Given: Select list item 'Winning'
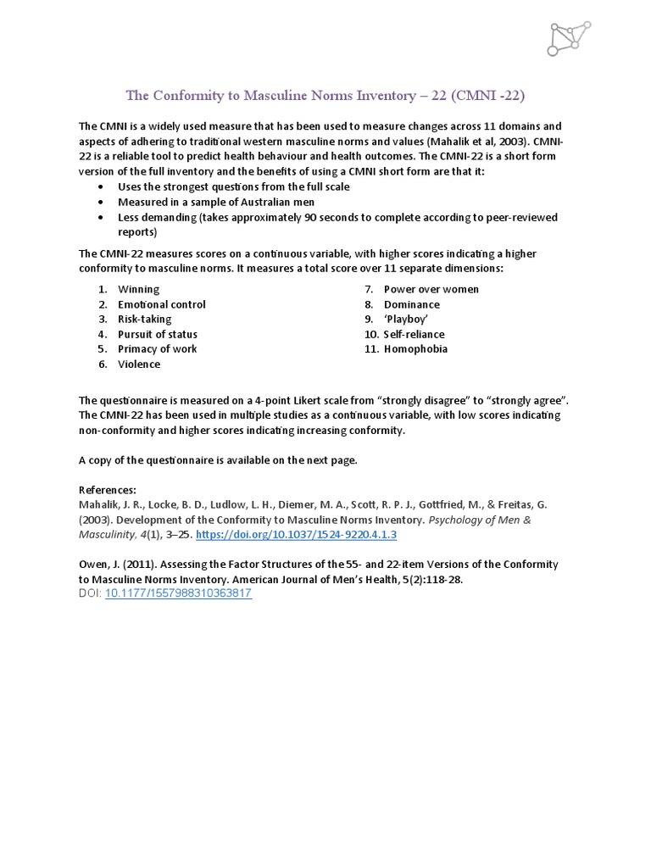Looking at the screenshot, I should (x=138, y=289).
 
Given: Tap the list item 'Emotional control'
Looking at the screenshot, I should (x=161, y=304).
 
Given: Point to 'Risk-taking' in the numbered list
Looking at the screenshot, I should (x=144, y=320).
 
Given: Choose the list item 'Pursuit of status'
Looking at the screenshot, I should (x=157, y=334).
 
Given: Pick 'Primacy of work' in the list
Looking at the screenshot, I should (x=157, y=349).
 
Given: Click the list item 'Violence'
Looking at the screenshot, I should (x=139, y=364).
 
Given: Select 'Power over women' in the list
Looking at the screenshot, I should (x=431, y=289).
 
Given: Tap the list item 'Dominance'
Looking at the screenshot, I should (x=411, y=304).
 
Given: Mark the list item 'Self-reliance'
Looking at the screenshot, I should (x=414, y=334).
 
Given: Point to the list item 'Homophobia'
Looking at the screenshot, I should (x=415, y=349).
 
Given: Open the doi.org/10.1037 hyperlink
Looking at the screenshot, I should (x=296, y=535).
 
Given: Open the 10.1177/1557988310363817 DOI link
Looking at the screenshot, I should (x=178, y=593).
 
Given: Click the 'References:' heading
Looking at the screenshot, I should (x=107, y=490).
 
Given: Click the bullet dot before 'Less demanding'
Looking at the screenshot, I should (x=102, y=218).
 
